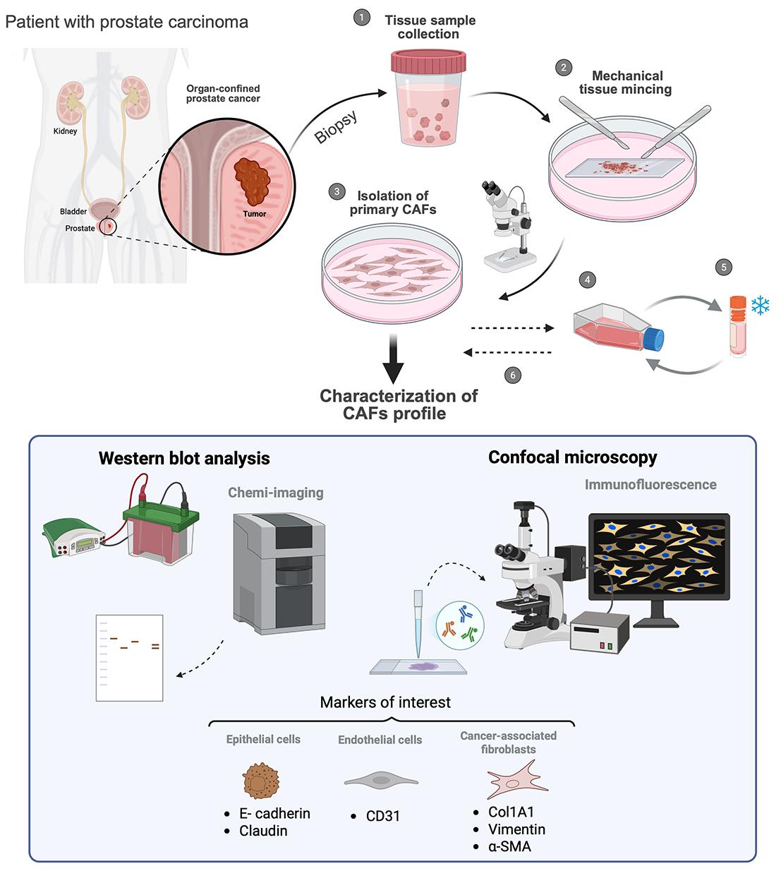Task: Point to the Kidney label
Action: pyautogui.click(x=65, y=131)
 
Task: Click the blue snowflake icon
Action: pyautogui.click(x=760, y=306)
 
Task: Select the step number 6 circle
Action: pyautogui.click(x=513, y=375)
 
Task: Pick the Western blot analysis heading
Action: pyautogui.click(x=184, y=458)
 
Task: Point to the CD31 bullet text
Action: pyautogui.click(x=383, y=816)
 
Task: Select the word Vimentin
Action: pyautogui.click(x=516, y=829)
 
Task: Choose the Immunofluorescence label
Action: pyautogui.click(x=650, y=484)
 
